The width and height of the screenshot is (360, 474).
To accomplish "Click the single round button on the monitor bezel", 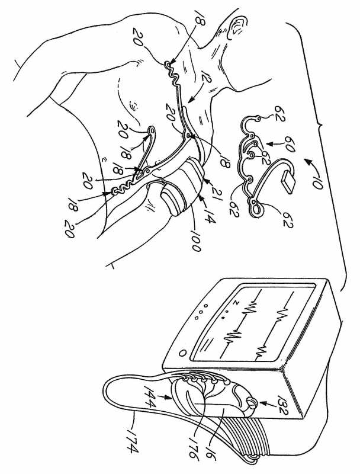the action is tap(183, 353).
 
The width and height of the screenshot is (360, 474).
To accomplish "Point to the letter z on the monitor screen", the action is tap(237, 302).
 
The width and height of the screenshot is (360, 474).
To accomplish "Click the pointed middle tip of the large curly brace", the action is tap(320, 124).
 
